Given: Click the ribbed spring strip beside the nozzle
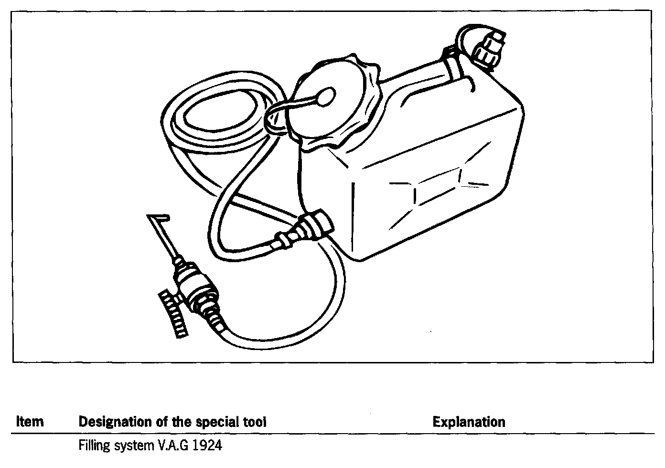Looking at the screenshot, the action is [172, 313].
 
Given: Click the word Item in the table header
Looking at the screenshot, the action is [30, 422].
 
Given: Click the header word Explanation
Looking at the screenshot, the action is [469, 422].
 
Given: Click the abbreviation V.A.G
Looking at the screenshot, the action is [171, 446].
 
